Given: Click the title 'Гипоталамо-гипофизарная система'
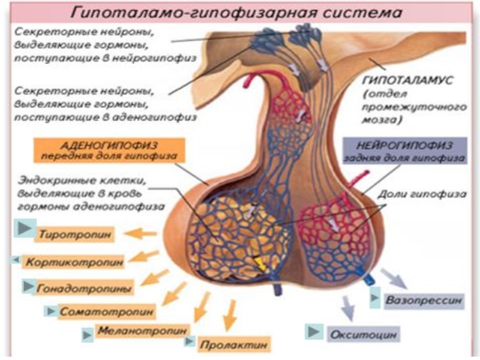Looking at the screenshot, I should pos(240,11).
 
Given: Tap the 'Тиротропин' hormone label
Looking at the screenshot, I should pos(77,234).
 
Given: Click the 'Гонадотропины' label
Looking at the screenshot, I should pos(85,288).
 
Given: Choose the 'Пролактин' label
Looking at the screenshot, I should pos(223,346).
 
